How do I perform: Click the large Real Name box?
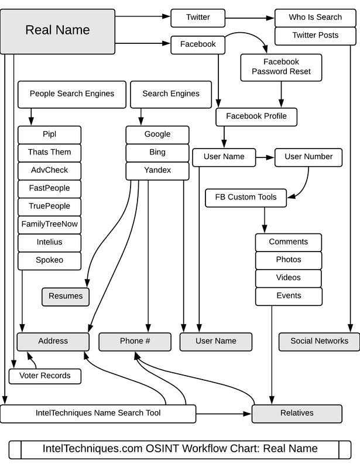pos(57,31)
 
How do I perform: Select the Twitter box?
pos(198,18)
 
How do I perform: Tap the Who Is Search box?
pos(315,18)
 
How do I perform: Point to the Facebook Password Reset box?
pos(281,67)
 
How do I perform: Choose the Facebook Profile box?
pos(256,116)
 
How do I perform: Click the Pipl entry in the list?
pos(49,134)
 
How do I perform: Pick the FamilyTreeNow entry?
pos(49,224)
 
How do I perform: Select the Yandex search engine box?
pos(157,170)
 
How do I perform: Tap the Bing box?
pos(157,152)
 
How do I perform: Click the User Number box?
pos(308,157)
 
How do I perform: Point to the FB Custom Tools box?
pos(245,197)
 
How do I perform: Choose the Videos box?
pos(289,278)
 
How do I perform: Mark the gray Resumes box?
pos(66,296)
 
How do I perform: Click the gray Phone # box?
pos(135,341)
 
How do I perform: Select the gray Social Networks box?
pos(319,341)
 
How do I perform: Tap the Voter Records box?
pos(44,376)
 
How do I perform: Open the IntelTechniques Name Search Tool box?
pos(98,413)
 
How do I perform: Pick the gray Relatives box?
pos(297,413)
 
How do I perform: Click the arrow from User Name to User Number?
pos(266,157)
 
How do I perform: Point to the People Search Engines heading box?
pos(72,94)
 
